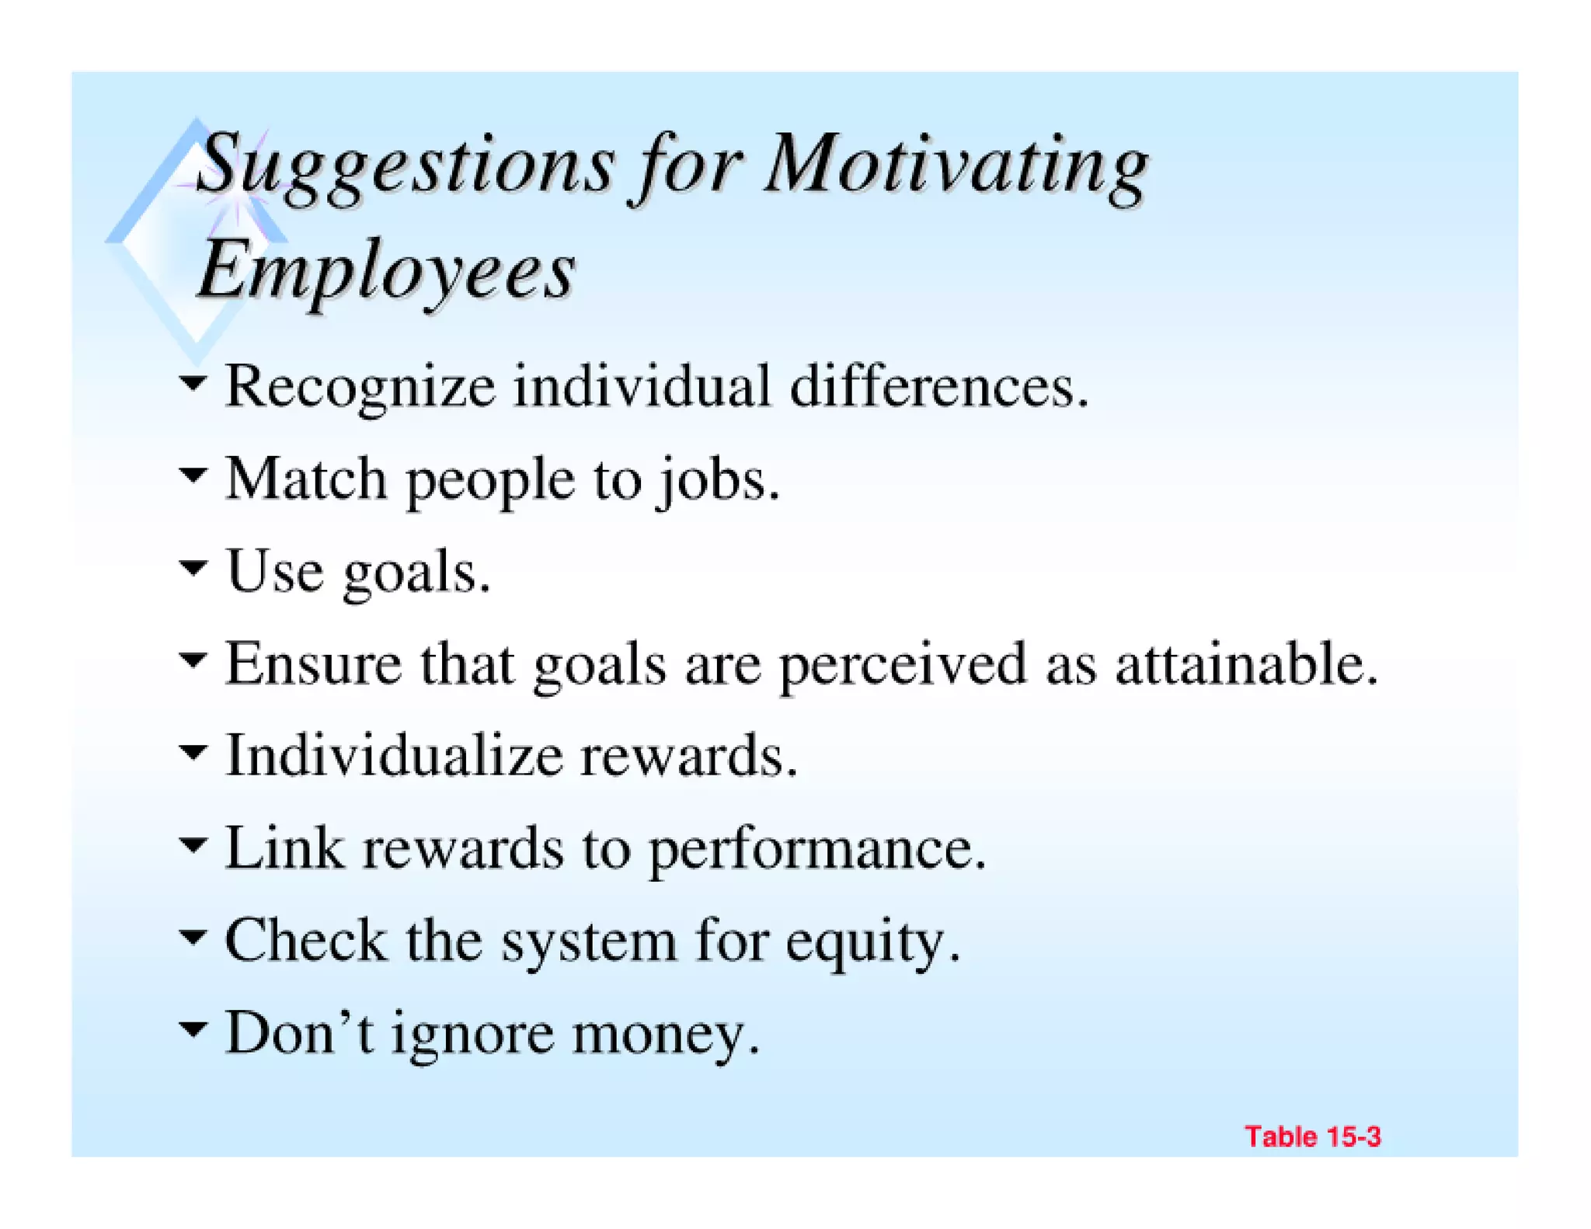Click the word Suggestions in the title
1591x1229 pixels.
coord(404,165)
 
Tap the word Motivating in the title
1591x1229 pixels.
coord(956,165)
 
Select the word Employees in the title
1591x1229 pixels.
coord(386,270)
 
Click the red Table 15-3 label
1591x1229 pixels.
coord(1312,1137)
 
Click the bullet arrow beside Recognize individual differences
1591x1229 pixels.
coord(193,382)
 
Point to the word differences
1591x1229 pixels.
coord(938,386)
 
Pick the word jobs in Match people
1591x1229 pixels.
coord(715,479)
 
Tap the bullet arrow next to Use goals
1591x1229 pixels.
coord(193,567)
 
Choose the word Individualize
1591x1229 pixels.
coord(393,756)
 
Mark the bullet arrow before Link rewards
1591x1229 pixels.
coord(193,844)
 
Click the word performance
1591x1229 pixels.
coord(816,849)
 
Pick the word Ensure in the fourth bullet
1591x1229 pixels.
coord(313,664)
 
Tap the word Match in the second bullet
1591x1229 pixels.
coord(306,479)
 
